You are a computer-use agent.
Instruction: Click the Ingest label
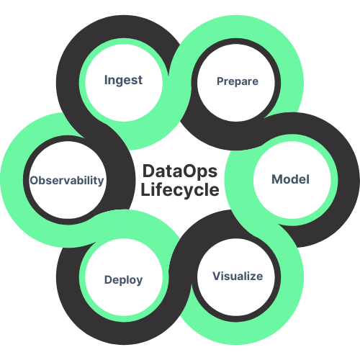point(123,80)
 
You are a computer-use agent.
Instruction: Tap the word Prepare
point(238,81)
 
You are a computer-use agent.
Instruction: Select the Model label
point(290,179)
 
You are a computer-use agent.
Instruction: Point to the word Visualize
point(238,276)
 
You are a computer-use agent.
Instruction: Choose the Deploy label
point(123,280)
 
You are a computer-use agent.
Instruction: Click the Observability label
point(67,180)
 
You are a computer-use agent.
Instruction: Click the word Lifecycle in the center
point(179,190)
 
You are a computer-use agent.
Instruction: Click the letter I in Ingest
point(106,80)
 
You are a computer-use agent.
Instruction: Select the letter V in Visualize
point(216,276)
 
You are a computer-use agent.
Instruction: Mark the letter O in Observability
point(34,180)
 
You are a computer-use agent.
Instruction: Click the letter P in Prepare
point(220,81)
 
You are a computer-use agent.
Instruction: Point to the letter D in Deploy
point(107,280)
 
